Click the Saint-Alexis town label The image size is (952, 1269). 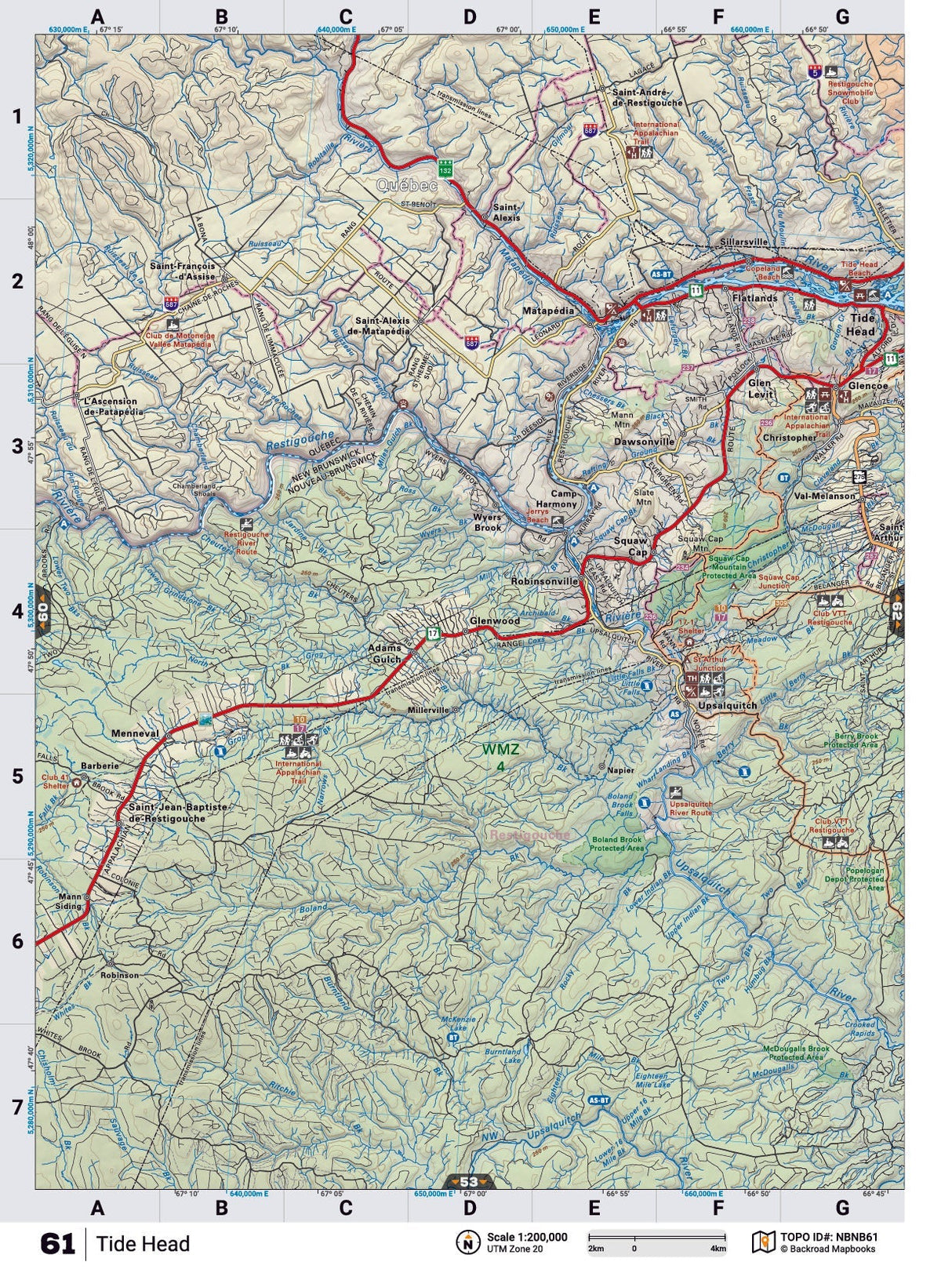(x=506, y=213)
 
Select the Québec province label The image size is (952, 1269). (x=405, y=186)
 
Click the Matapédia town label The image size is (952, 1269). (x=549, y=311)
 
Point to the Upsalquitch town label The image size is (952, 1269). (x=731, y=705)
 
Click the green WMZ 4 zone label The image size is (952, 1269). (x=500, y=758)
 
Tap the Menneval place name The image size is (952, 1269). (x=135, y=734)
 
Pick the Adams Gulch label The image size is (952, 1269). (x=385, y=653)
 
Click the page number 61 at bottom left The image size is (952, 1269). (x=57, y=1244)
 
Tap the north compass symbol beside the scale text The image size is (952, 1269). (x=467, y=1242)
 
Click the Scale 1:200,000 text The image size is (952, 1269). (x=526, y=1237)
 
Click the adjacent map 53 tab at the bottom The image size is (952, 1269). (x=469, y=1181)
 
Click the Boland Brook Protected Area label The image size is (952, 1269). (x=617, y=843)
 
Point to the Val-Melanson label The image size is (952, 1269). (x=824, y=496)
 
